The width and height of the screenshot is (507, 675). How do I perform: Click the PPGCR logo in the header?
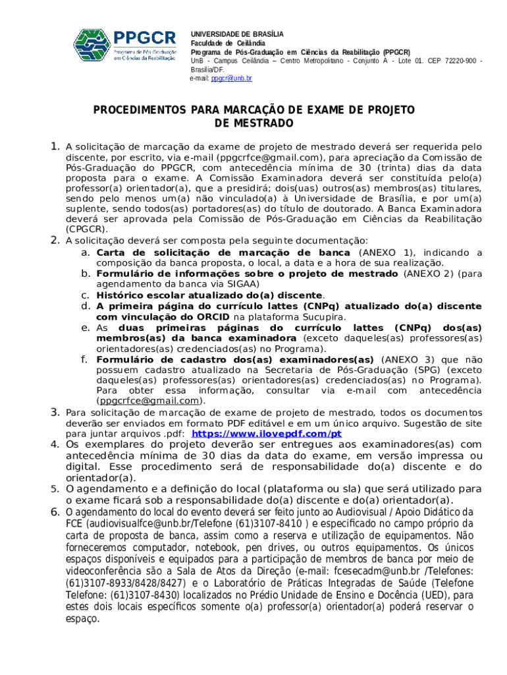pos(124,47)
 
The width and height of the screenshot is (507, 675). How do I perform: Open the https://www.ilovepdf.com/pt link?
pos(266,434)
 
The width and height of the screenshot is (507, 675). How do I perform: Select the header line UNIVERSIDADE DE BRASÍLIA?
pos(237,34)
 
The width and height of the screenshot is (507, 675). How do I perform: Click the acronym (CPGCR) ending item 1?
pos(86,229)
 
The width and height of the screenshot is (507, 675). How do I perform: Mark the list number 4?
pos(56,444)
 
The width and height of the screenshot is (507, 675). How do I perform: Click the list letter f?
pos(84,359)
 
